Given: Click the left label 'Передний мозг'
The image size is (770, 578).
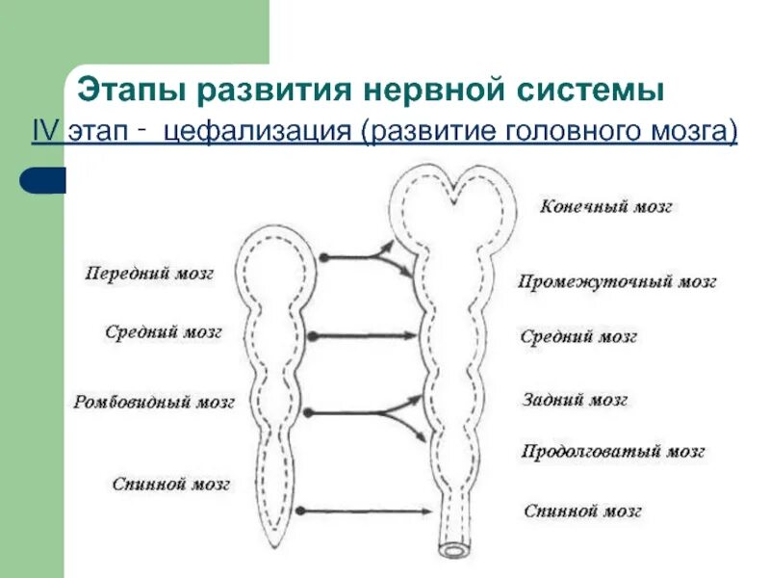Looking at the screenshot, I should click(149, 274).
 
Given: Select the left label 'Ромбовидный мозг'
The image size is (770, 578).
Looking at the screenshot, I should click(154, 403).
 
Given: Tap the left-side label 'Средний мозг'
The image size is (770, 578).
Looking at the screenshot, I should click(163, 332).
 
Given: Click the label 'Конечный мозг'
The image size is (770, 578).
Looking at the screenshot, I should click(605, 207).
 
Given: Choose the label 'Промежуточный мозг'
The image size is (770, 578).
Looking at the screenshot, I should click(618, 282).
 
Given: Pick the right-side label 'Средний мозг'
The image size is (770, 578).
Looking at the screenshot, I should click(578, 337).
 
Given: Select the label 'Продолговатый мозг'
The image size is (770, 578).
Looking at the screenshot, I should click(613, 451).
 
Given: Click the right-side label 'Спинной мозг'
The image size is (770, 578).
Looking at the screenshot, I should click(582, 512).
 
